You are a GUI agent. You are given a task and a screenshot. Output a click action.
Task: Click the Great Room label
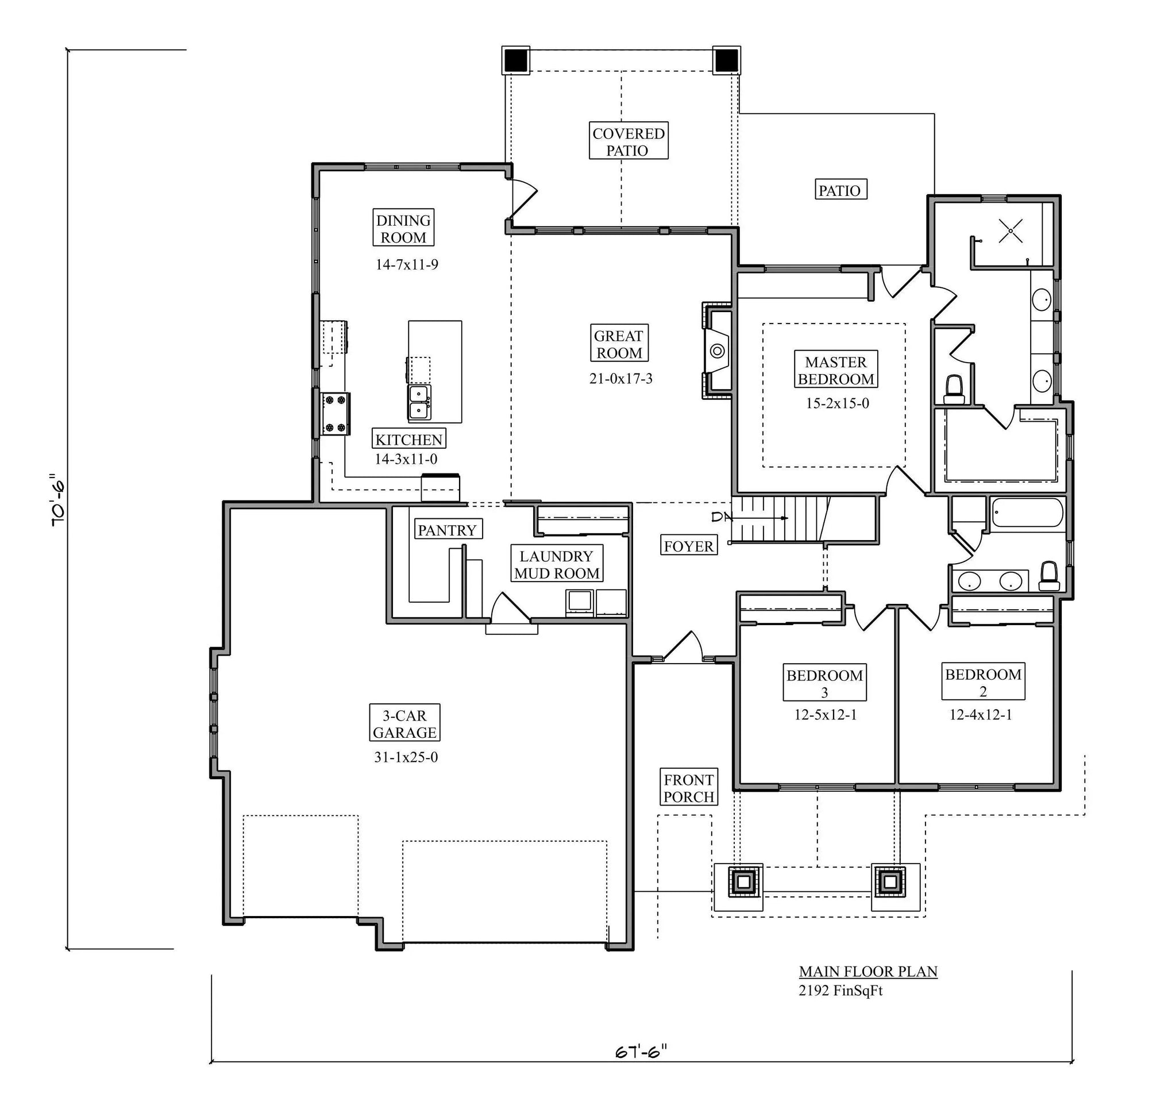click(619, 344)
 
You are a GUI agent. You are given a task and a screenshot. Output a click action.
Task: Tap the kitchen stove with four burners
click(336, 414)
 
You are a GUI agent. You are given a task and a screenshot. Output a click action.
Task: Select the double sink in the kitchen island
click(420, 402)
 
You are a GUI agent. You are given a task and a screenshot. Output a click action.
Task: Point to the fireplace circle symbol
click(718, 351)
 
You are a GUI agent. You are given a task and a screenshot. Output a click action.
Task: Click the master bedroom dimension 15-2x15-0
click(837, 403)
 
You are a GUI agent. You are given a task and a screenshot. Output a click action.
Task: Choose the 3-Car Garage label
click(404, 724)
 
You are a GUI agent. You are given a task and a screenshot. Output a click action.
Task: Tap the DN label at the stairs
click(722, 517)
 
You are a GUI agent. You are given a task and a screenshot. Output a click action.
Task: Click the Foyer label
click(689, 546)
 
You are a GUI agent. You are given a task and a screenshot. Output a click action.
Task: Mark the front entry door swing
click(685, 647)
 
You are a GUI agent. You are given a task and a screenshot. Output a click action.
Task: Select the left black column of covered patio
click(516, 60)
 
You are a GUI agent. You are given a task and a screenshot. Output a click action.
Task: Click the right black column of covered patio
click(726, 60)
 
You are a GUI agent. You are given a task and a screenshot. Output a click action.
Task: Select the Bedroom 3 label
click(824, 683)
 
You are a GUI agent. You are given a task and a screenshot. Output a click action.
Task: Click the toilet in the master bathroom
click(954, 390)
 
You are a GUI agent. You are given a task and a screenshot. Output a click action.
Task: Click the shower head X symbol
click(1011, 230)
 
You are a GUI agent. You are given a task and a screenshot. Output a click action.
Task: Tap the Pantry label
click(447, 530)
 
